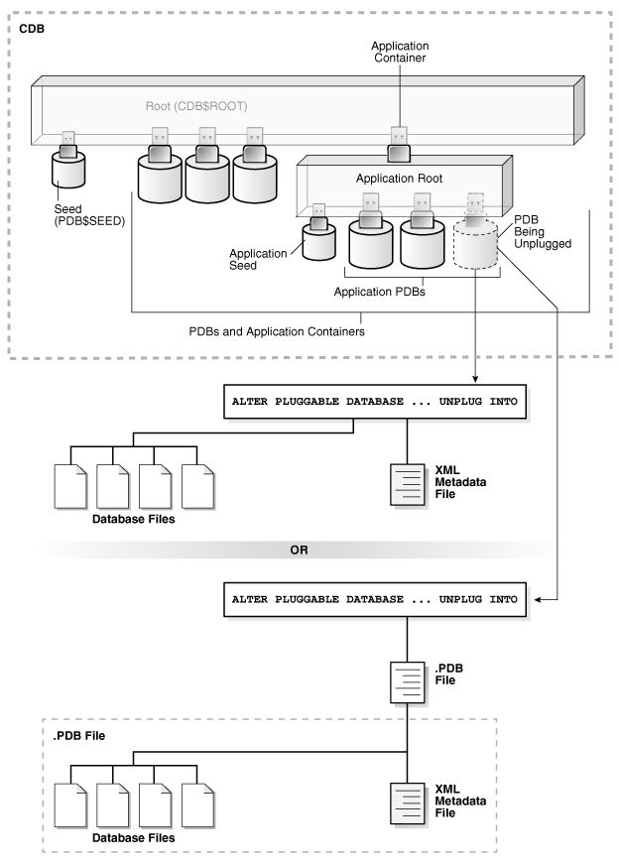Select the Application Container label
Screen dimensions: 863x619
coord(399,53)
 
